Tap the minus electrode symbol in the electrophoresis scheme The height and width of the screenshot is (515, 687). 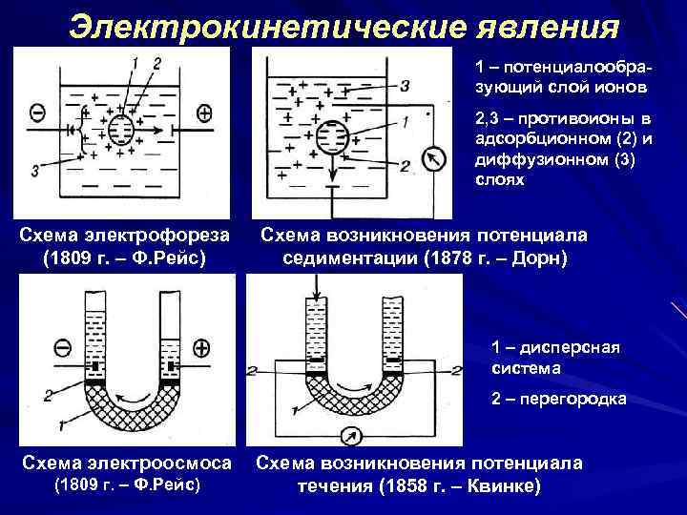click(x=35, y=113)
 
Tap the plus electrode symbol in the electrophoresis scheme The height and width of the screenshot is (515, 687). click(x=204, y=113)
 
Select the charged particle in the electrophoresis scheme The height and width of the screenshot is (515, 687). click(x=120, y=130)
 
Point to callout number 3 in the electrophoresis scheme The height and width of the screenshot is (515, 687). click(x=34, y=172)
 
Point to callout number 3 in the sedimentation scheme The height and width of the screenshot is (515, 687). click(x=406, y=86)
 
